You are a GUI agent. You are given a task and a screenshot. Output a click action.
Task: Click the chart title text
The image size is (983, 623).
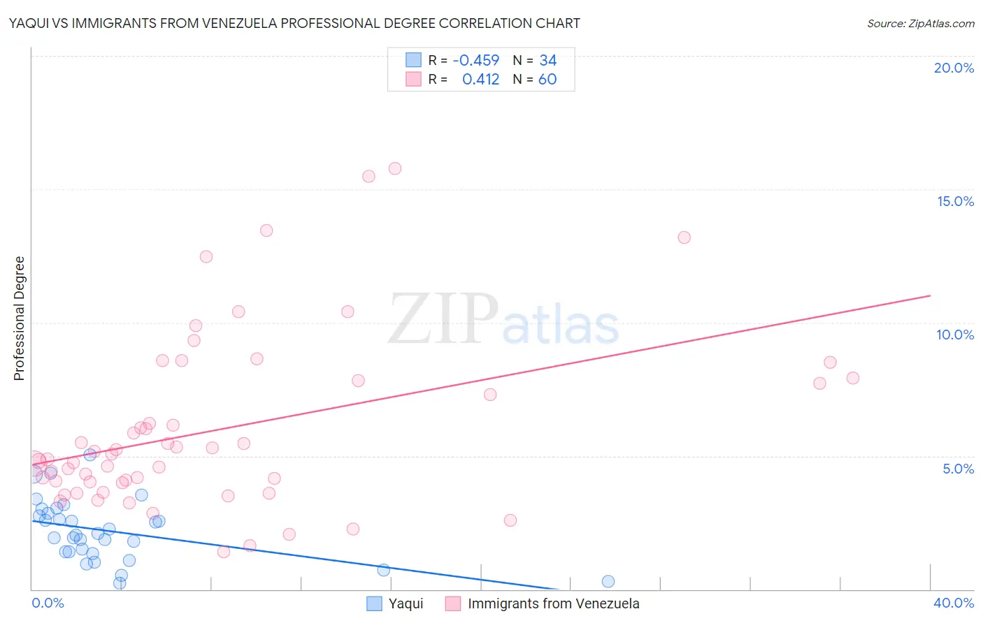pyautogui.click(x=294, y=23)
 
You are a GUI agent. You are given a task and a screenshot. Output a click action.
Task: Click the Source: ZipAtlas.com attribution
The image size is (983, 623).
pyautogui.click(x=920, y=23)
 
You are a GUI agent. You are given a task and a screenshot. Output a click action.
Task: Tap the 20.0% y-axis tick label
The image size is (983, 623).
pyautogui.click(x=954, y=68)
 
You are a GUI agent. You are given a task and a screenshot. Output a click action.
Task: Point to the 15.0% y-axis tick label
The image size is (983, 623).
pyautogui.click(x=955, y=201)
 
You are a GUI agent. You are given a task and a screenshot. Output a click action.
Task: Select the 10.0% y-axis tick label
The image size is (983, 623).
pyautogui.click(x=955, y=335)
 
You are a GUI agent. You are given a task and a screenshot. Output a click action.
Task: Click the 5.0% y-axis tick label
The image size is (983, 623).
pyautogui.click(x=958, y=469)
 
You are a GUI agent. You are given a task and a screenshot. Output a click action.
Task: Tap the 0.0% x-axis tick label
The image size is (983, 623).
pyautogui.click(x=48, y=603)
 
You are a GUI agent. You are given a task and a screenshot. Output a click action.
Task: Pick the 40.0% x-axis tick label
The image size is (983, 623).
pyautogui.click(x=954, y=603)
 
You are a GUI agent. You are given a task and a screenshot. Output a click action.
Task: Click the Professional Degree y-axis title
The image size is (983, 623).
pyautogui.click(x=19, y=318)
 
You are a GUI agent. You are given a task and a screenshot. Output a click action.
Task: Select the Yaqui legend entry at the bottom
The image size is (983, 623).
pyautogui.click(x=406, y=603)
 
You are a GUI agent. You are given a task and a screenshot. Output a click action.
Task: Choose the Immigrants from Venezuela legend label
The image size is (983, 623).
pyautogui.click(x=553, y=603)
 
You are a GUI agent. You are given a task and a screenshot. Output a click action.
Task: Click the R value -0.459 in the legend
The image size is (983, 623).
pyautogui.click(x=476, y=60)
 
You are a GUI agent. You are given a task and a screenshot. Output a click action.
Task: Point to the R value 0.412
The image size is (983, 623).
pyautogui.click(x=480, y=79)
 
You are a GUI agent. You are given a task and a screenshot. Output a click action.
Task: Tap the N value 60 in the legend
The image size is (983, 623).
pyautogui.click(x=547, y=79)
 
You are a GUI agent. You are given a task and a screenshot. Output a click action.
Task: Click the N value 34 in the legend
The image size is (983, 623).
pyautogui.click(x=547, y=60)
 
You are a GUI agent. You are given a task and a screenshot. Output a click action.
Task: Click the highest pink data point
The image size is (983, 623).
pyautogui.click(x=395, y=168)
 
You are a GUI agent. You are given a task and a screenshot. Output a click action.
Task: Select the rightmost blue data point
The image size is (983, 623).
pyautogui.click(x=608, y=581)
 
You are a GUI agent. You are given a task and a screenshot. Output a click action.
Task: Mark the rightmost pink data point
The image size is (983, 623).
pyautogui.click(x=853, y=378)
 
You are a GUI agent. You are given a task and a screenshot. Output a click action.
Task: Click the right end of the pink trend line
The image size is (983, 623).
pyautogui.click(x=930, y=295)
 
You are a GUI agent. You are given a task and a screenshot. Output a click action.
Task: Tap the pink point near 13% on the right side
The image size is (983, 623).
pyautogui.click(x=684, y=237)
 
